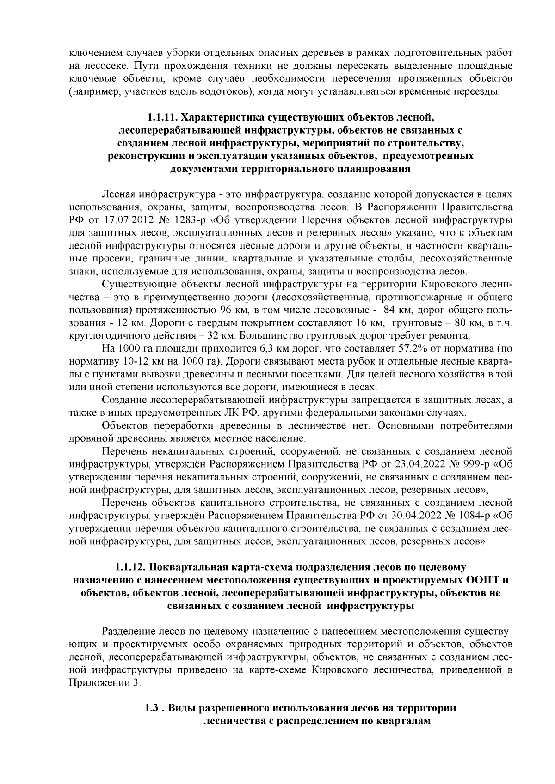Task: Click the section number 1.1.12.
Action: click(131, 567)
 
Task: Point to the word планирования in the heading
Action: click(371, 169)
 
